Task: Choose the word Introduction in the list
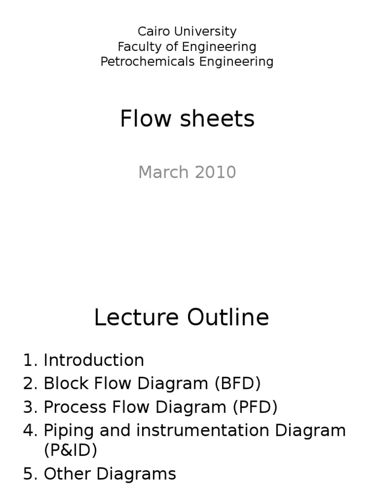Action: pyautogui.click(x=94, y=360)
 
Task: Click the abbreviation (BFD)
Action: pyautogui.click(x=237, y=384)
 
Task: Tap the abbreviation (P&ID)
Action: pyautogui.click(x=70, y=450)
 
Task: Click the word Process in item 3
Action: pyautogui.click(x=74, y=407)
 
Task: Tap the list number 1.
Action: pyautogui.click(x=28, y=360)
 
